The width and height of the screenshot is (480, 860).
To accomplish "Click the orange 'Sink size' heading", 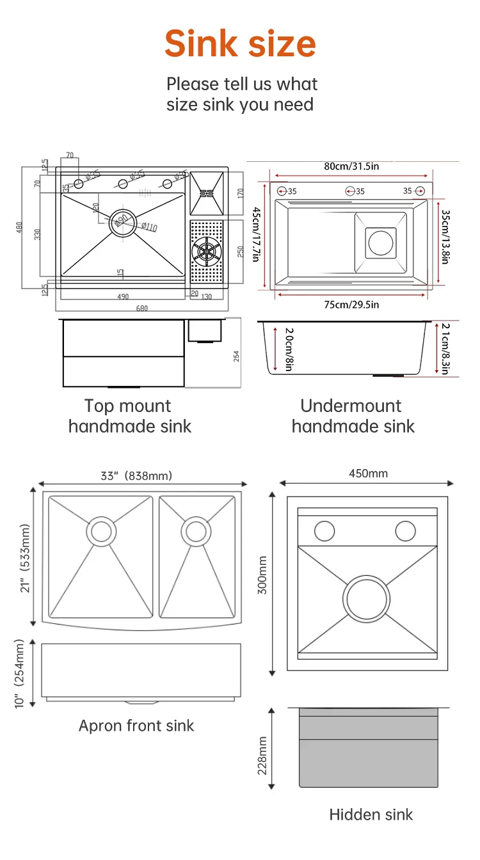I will (x=240, y=44).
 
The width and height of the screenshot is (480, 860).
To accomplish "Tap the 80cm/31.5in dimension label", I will (x=351, y=166).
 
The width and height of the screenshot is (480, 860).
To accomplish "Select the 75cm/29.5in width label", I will (x=351, y=305).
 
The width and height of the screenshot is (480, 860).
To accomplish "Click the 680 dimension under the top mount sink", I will (x=142, y=308).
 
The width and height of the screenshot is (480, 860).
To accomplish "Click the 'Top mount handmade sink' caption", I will (x=129, y=416).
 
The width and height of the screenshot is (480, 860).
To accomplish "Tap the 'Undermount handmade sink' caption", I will (x=353, y=416).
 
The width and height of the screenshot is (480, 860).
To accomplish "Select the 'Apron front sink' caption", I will (x=136, y=725).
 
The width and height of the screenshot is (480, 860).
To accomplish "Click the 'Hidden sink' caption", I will (x=371, y=814).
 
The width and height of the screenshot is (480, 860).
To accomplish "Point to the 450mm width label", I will (x=368, y=474).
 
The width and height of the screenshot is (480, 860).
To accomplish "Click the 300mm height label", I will (x=262, y=583).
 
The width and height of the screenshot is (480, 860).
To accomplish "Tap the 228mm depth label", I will (x=262, y=755).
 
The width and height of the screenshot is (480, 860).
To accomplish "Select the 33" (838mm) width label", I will (x=136, y=475).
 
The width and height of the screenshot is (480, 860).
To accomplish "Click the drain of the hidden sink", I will (x=367, y=599).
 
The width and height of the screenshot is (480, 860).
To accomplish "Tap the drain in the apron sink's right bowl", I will (x=196, y=530).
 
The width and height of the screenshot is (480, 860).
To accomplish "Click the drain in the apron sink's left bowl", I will (x=101, y=531).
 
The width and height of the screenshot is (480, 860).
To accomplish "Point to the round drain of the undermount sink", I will (x=381, y=243).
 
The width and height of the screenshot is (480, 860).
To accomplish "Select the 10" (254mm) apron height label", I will (x=19, y=673).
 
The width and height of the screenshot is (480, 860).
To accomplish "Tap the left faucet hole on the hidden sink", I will (x=324, y=530).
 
